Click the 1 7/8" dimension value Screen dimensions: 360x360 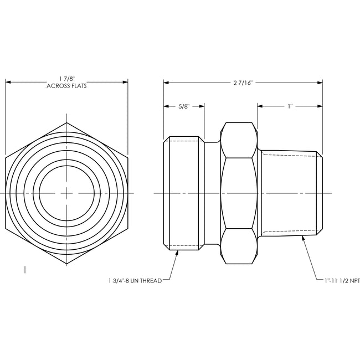tap(67, 79)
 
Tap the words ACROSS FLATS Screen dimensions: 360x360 tap(66, 86)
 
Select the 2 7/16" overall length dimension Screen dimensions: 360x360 tap(243, 83)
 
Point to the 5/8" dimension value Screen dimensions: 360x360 tap(184, 106)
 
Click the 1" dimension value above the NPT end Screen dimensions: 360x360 tap(290, 106)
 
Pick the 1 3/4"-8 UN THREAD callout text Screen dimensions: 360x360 tap(135, 281)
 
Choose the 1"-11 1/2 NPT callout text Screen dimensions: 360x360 tap(342, 281)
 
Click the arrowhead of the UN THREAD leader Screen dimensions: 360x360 tap(177, 253)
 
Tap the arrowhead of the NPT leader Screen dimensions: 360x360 tap(304, 238)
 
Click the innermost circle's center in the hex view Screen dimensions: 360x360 tap(67, 193)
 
